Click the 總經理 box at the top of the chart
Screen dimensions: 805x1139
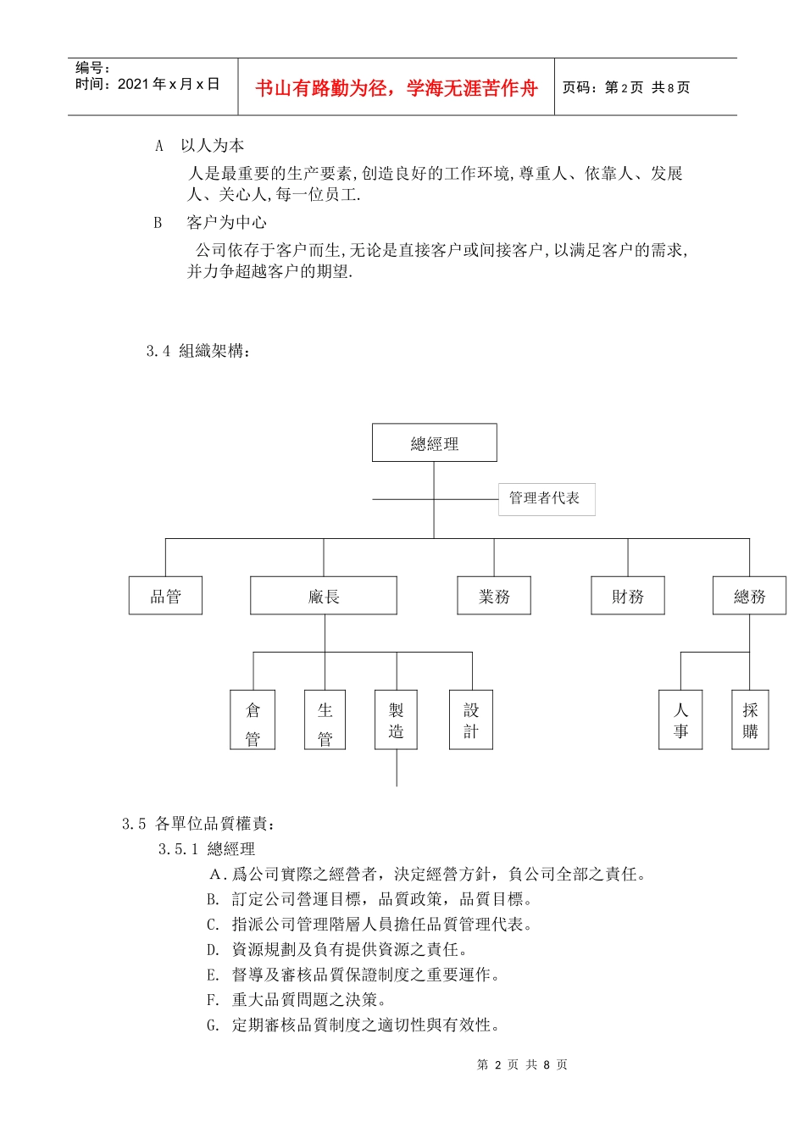point(434,443)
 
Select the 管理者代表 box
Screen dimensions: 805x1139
point(546,498)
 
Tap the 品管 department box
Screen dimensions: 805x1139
point(165,596)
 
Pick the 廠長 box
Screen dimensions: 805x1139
point(324,596)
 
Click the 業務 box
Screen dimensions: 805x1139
point(494,596)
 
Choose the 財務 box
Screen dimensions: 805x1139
point(628,596)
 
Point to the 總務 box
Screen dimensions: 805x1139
point(749,596)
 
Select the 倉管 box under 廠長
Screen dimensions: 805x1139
point(253,720)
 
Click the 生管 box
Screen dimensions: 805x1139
point(325,720)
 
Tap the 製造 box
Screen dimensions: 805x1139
point(396,720)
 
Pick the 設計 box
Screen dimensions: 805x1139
point(471,720)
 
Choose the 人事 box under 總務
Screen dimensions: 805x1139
point(680,720)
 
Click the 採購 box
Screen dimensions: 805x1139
point(750,720)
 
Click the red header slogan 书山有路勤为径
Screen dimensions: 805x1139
point(397,88)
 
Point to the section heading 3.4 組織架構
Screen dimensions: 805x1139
point(198,351)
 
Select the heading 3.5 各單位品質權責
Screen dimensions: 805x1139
point(198,824)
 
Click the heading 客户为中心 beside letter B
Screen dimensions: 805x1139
point(226,223)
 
